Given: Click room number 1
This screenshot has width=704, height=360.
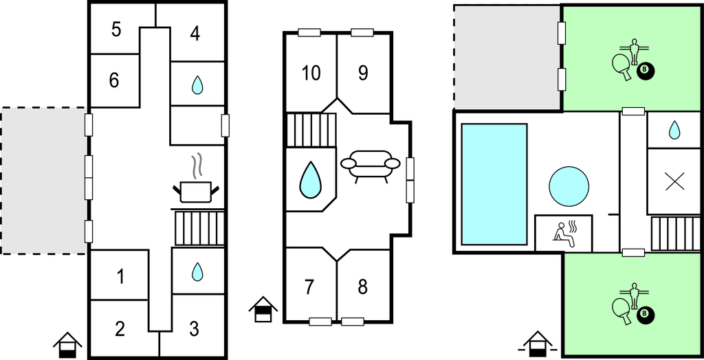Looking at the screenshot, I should click(120, 278).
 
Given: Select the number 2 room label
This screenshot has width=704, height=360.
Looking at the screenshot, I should click(120, 328).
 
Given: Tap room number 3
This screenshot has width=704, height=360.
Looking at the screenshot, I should click(195, 326).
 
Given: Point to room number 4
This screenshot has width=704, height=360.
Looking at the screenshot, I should click(195, 34).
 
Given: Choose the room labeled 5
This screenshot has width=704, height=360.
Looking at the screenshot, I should click(116, 30).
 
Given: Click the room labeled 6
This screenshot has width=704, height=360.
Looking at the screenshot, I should click(114, 80).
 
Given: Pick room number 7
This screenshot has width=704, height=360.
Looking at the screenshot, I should click(309, 286).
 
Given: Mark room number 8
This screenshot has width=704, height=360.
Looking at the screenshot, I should click(363, 286).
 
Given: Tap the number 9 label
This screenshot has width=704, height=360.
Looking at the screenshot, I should click(363, 73).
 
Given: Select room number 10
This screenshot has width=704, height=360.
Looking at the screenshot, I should click(311, 73).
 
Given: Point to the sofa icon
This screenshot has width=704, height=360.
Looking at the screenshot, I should click(370, 166).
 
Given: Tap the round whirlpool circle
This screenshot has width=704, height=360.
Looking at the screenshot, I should click(569, 185).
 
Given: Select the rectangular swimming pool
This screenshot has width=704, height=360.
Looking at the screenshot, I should click(494, 184).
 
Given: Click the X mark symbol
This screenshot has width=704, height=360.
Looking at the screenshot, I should click(674, 181).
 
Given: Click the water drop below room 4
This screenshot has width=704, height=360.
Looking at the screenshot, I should click(197, 85).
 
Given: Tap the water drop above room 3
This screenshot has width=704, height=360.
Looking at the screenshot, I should click(197, 271).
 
